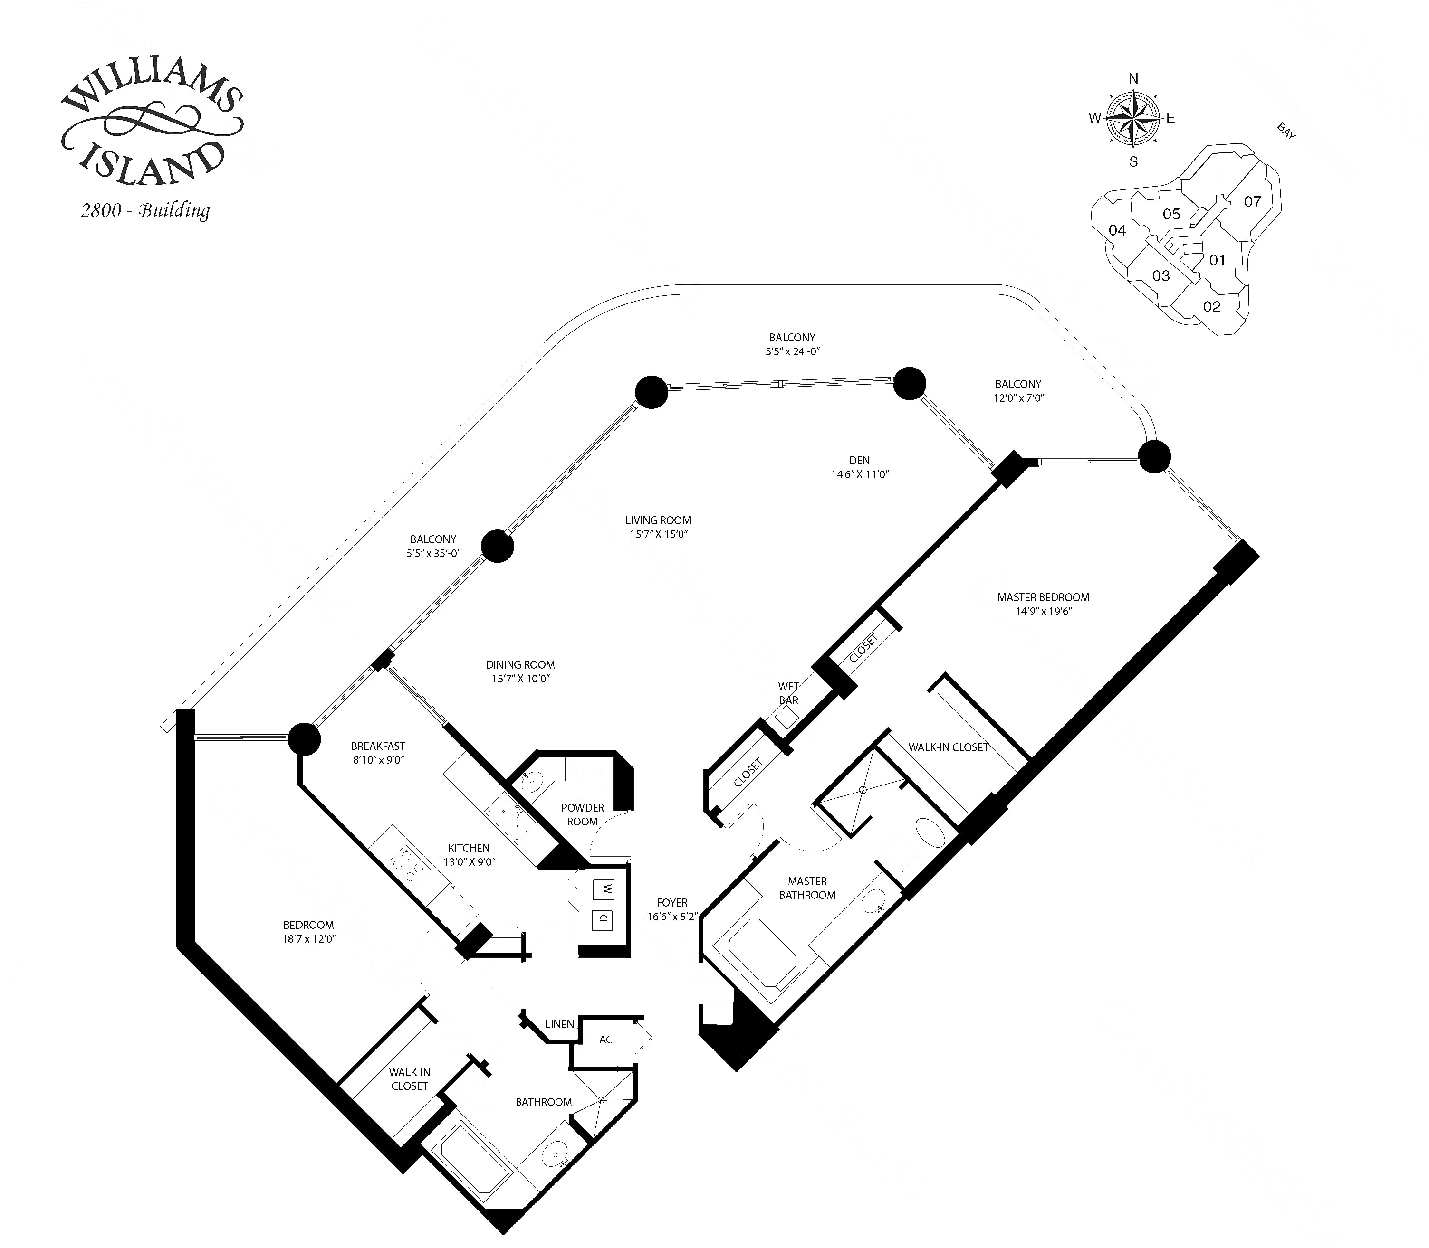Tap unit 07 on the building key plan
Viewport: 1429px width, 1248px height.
1252,202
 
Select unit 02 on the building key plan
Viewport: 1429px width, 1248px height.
1212,306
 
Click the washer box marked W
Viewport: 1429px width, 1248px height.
604,889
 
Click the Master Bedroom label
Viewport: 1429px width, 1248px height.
1043,597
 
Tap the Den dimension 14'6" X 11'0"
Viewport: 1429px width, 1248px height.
860,475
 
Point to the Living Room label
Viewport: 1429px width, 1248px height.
658,520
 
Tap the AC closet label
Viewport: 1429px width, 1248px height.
605,1040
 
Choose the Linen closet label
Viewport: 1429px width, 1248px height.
559,1024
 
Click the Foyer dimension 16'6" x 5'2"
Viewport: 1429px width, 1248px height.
671,917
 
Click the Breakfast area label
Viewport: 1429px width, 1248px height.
378,746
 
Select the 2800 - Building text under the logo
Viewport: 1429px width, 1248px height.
145,210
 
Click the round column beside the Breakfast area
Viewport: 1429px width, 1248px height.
304,739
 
